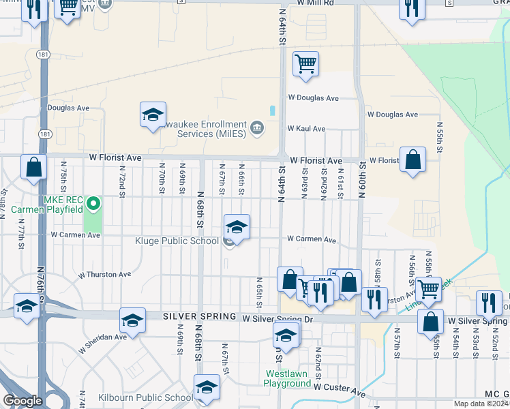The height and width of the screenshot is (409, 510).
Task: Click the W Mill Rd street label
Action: [x=316, y=3]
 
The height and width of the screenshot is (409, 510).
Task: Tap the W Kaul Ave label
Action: [x=306, y=128]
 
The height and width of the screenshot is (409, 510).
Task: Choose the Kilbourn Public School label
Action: [x=154, y=398]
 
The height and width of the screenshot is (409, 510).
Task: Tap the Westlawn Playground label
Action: [x=287, y=378]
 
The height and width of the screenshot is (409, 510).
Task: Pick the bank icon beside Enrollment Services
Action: [x=257, y=127]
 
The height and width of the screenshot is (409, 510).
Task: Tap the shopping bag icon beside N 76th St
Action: [x=33, y=167]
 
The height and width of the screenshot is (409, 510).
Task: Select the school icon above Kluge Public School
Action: [x=237, y=226]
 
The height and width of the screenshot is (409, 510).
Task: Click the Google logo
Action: [x=22, y=402]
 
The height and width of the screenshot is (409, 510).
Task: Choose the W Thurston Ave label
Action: [x=104, y=275]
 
